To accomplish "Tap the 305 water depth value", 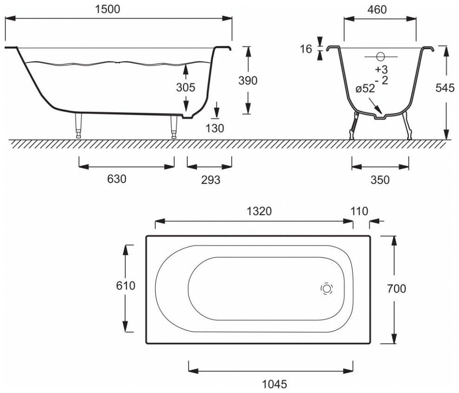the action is [185, 87].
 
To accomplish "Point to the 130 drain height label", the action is [215, 128].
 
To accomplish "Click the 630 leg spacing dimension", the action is [117, 179].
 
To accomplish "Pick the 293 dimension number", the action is [210, 179].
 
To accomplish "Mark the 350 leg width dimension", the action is [380, 179].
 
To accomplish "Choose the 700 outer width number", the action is [396, 288].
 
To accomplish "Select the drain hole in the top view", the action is [326, 288].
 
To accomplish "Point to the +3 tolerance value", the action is [381, 70].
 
